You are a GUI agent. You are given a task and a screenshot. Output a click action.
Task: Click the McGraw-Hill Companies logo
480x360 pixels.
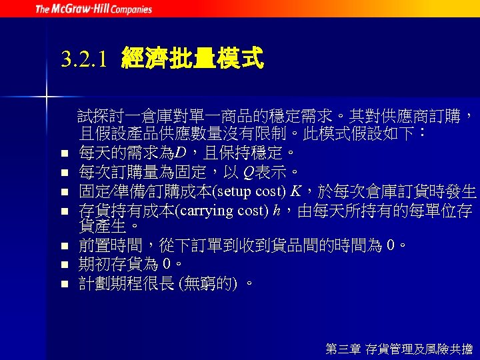tap(93, 9)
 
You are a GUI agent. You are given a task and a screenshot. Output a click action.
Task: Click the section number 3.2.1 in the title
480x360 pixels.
tap(83, 59)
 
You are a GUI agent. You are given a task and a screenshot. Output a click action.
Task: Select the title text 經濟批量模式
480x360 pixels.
tap(193, 59)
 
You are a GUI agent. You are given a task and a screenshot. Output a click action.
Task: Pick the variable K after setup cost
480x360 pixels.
tap(295, 192)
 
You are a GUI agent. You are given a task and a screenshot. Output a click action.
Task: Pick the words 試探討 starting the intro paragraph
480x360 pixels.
tap(97, 117)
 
